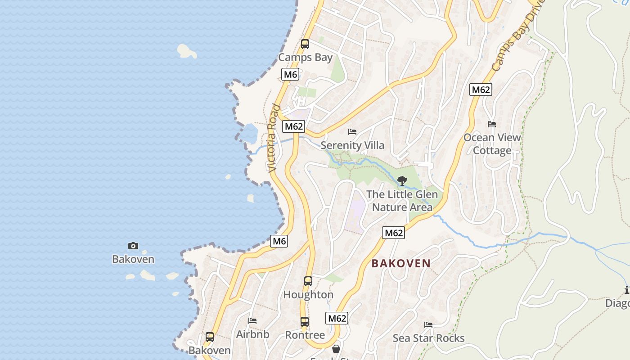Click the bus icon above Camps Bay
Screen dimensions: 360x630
click(x=305, y=44)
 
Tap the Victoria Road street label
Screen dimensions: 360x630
click(x=273, y=138)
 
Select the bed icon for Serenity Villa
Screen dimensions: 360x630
click(x=352, y=132)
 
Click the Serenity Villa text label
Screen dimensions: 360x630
click(x=352, y=145)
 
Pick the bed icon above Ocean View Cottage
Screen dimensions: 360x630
click(x=492, y=124)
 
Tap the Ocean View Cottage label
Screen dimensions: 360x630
click(x=492, y=144)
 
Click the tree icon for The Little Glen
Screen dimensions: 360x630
click(x=402, y=181)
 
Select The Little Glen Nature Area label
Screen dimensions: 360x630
click(x=402, y=201)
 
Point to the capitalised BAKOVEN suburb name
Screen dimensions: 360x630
click(x=401, y=264)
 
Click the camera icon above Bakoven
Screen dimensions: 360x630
click(x=133, y=246)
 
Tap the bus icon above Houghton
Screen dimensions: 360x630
click(x=308, y=281)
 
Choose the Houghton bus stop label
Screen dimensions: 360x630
click(x=308, y=295)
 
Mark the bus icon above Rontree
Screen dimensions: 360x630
click(x=305, y=322)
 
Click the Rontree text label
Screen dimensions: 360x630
click(x=305, y=335)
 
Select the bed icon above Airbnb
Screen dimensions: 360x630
click(x=252, y=321)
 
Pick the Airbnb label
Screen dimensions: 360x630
click(x=252, y=334)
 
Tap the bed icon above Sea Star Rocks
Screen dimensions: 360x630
click(x=428, y=324)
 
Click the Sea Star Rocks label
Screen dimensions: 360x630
click(x=428, y=338)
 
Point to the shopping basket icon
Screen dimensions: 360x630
click(x=336, y=349)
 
